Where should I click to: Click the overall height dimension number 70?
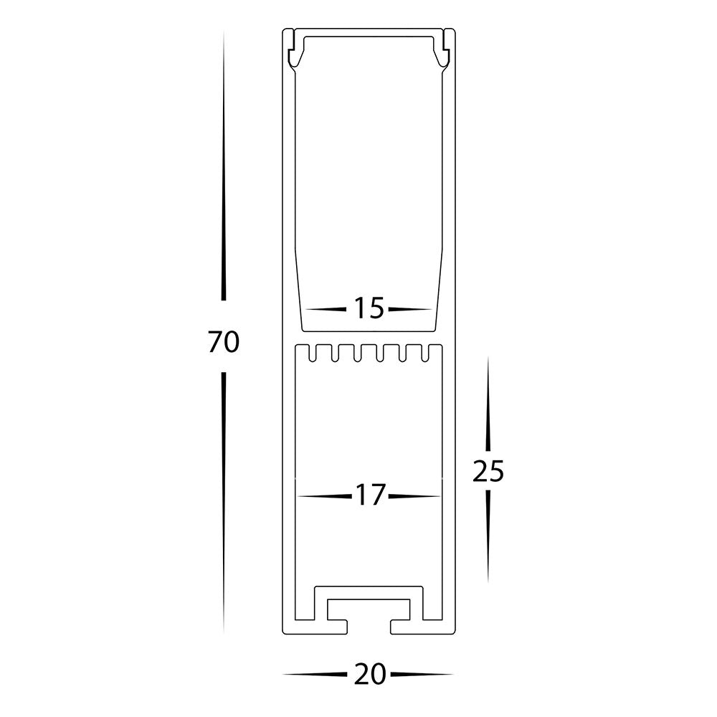tap(223, 343)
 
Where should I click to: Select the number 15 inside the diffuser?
tap(369, 309)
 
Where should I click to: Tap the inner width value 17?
tap(369, 495)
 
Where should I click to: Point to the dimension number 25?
tap(488, 471)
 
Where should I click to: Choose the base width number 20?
tap(369, 674)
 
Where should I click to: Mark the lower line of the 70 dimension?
tap(224, 502)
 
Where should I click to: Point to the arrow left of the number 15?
tap(326, 309)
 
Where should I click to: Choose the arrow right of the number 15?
tap(410, 309)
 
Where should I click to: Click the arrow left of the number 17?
tap(323, 495)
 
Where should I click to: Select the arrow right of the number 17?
tap(414, 495)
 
